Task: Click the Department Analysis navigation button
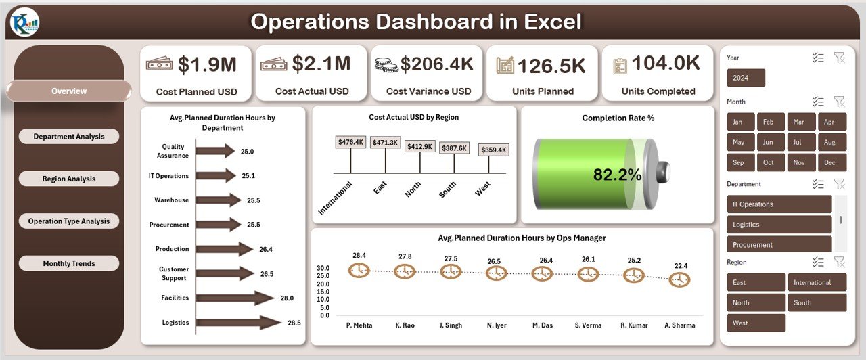[69, 137]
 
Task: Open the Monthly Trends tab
[69, 263]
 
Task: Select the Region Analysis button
[69, 179]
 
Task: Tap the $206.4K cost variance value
[436, 64]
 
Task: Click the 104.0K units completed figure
[666, 64]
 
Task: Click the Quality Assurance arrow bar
[214, 151]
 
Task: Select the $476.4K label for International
[350, 142]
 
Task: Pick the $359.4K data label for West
[493, 150]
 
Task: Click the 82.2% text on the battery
[617, 175]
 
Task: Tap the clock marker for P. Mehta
[359, 271]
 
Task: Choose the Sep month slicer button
[738, 162]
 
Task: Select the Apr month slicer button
[831, 122]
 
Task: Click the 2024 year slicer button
[746, 78]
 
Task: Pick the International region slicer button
[817, 282]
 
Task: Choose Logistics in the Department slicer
[779, 225]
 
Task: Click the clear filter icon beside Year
[840, 58]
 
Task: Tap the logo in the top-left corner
[25, 24]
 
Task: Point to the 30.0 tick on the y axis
[323, 268]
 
